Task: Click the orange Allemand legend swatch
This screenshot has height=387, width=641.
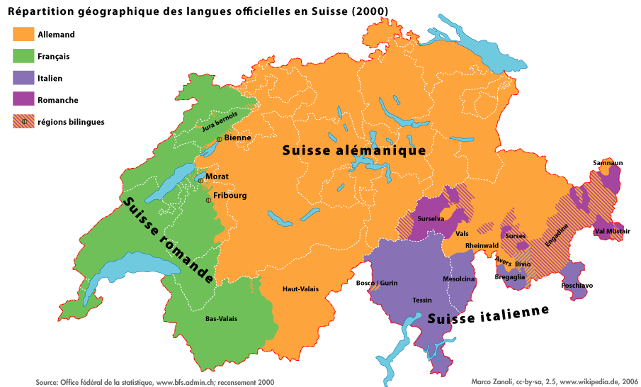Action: click(23, 34)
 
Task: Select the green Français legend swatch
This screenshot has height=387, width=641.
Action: click(23, 56)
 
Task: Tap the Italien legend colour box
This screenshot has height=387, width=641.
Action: click(23, 78)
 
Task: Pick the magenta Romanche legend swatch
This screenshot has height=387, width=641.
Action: click(23, 100)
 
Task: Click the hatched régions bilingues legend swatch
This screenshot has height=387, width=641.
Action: click(23, 122)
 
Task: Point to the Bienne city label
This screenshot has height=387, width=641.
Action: click(238, 138)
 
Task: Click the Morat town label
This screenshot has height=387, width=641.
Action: click(217, 176)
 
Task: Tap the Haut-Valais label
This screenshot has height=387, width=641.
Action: click(300, 289)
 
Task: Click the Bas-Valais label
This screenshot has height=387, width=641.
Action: click(221, 319)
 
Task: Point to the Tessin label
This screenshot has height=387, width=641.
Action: click(422, 301)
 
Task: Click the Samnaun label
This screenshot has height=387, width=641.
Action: click(608, 163)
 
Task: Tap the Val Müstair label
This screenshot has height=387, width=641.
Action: click(612, 231)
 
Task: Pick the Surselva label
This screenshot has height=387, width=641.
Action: click(431, 219)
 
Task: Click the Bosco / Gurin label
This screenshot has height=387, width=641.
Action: click(377, 283)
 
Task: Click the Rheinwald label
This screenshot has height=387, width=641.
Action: click(482, 245)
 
